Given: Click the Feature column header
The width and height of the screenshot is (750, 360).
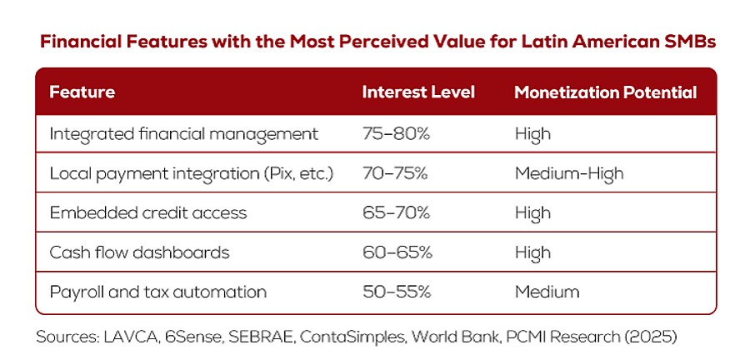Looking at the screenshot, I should [82, 92].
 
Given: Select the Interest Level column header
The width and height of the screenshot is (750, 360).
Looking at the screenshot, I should [418, 92].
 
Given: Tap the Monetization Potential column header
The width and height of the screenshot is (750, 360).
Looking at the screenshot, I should [605, 92].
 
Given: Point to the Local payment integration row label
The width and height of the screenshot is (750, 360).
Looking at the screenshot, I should [192, 173].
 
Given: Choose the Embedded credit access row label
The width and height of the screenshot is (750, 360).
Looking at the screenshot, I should [148, 212].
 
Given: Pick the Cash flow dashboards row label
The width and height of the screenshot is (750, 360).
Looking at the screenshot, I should [139, 252].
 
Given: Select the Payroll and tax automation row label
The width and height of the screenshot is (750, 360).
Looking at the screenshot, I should [158, 292].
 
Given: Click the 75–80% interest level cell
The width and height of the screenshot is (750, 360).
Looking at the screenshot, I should [396, 133].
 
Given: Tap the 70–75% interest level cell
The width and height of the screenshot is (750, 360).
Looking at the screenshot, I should [396, 173].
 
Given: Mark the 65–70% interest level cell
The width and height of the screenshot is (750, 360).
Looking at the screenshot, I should [396, 212].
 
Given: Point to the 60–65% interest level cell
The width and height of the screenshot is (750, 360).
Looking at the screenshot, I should [396, 252].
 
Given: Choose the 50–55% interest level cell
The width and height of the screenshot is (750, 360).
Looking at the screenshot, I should [396, 292].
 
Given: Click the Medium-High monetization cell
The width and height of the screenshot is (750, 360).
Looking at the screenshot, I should [568, 173].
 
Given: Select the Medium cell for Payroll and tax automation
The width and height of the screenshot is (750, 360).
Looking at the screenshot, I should [547, 292].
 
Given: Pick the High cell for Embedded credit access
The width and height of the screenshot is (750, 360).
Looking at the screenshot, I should [532, 212].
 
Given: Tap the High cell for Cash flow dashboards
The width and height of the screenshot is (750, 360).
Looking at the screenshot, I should [532, 252].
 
